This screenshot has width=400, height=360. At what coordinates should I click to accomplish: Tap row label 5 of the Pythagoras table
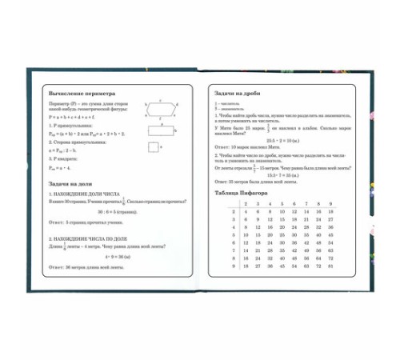coord(231,235)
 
